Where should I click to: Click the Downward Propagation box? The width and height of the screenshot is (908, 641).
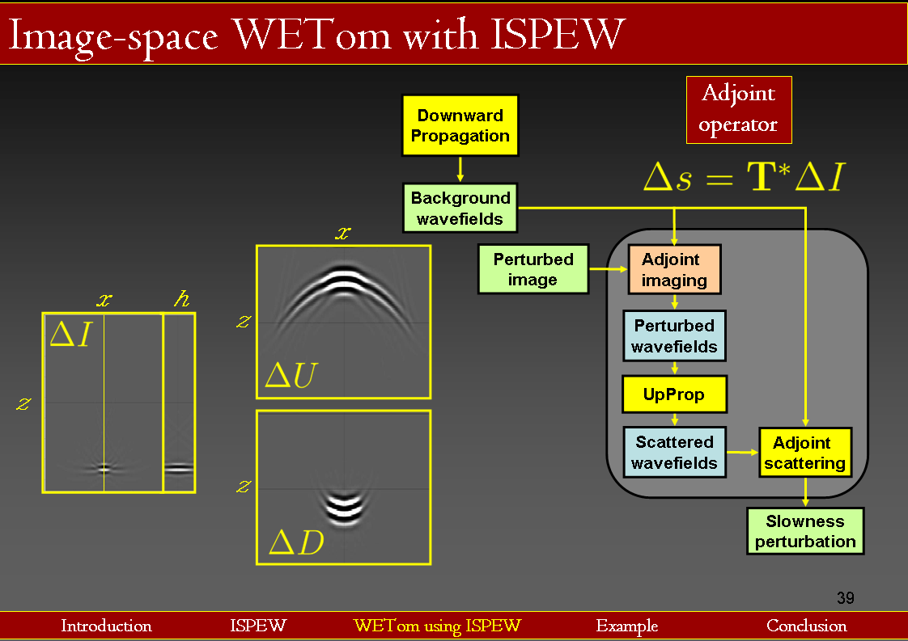(x=460, y=125)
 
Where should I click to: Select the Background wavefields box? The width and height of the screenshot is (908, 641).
(x=460, y=208)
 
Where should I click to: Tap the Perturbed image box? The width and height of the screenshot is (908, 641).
(x=532, y=269)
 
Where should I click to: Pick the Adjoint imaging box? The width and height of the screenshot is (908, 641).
(x=674, y=269)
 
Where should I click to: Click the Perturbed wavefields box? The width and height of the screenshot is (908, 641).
(x=674, y=335)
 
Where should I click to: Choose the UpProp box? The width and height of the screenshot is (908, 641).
(x=674, y=394)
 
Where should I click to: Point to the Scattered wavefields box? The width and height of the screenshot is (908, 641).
(x=674, y=452)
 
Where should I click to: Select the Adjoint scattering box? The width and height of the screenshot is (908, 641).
(x=804, y=453)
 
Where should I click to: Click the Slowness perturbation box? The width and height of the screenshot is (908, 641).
(x=804, y=531)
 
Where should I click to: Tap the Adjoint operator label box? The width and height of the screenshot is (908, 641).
(x=738, y=110)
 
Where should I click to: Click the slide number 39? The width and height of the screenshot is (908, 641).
(x=845, y=598)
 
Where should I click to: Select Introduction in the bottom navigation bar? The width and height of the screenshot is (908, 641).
(x=106, y=626)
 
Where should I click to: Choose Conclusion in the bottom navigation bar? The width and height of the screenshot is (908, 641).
(x=806, y=626)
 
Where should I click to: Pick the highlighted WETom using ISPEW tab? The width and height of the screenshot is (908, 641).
(x=437, y=626)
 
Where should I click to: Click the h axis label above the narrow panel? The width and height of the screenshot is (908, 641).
(x=180, y=300)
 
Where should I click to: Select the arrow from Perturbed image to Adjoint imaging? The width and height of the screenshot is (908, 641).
(x=609, y=268)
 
